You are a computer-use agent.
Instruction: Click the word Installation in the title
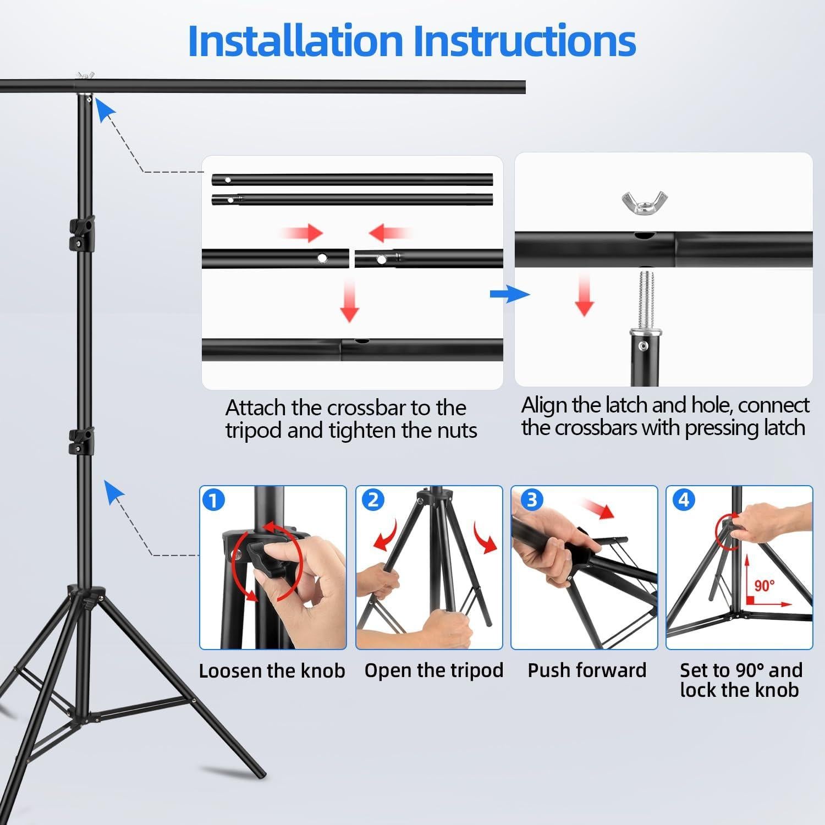click(x=295, y=41)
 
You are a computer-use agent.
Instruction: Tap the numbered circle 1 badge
click(x=213, y=501)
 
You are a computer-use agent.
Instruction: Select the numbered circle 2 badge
click(x=373, y=500)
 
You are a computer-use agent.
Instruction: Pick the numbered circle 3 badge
click(x=531, y=500)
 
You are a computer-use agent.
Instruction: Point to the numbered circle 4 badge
click(x=684, y=500)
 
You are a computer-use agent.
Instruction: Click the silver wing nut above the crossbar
click(x=645, y=202)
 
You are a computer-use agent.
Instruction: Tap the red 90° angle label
click(x=765, y=586)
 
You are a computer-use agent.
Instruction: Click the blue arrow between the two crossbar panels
click(x=510, y=294)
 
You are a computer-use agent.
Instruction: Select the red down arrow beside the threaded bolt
click(x=584, y=295)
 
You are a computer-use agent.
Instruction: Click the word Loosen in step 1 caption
click(x=230, y=671)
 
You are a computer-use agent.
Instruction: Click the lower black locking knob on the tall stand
click(x=82, y=442)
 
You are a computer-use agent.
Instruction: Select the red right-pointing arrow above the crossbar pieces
click(x=301, y=233)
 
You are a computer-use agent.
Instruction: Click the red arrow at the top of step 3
click(x=598, y=509)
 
